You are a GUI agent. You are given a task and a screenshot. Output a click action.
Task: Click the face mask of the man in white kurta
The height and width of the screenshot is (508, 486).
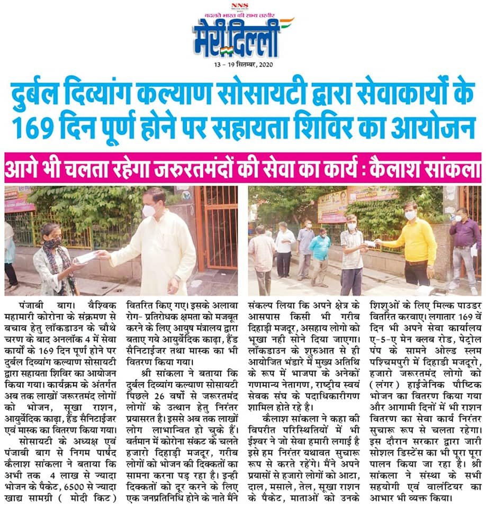[149, 211]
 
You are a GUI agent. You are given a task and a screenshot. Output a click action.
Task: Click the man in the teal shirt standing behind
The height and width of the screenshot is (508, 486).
[321, 251]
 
